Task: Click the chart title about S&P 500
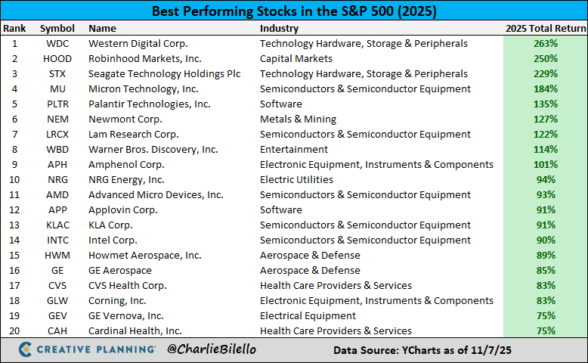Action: [294, 12]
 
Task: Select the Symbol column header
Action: [57, 29]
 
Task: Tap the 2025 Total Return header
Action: [544, 29]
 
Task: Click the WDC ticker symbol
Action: [57, 44]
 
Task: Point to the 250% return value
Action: [544, 59]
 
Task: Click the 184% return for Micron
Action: [544, 89]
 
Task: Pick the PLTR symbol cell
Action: [57, 104]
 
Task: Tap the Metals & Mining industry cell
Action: [298, 119]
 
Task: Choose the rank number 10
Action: [14, 180]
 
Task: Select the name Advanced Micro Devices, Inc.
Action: [156, 195]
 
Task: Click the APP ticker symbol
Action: [57, 210]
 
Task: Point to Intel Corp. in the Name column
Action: [113, 240]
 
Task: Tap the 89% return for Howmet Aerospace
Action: [544, 256]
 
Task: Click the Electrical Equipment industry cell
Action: [307, 316]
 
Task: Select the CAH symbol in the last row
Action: [57, 331]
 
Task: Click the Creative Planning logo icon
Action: [25, 350]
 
